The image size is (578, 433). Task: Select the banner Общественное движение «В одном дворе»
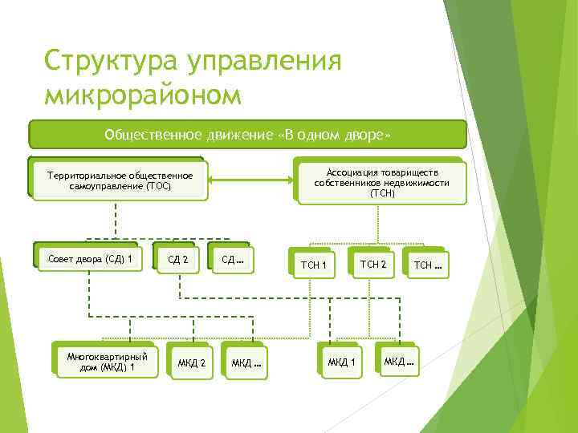pyautogui.click(x=247, y=135)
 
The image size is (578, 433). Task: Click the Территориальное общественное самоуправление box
pyautogui.click(x=120, y=180)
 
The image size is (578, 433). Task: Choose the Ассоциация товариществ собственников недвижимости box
pyautogui.click(x=382, y=182)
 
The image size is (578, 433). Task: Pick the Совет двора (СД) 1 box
pyautogui.click(x=90, y=258)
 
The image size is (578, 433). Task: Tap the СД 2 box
pyautogui.click(x=177, y=259)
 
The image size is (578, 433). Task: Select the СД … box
pyautogui.click(x=231, y=259)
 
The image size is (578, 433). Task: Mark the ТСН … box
pyautogui.click(x=426, y=264)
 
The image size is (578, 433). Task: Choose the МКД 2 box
pyautogui.click(x=191, y=363)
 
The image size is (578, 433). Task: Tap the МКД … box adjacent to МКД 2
pyautogui.click(x=246, y=363)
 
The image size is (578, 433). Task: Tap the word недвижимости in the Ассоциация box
pyautogui.click(x=416, y=183)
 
